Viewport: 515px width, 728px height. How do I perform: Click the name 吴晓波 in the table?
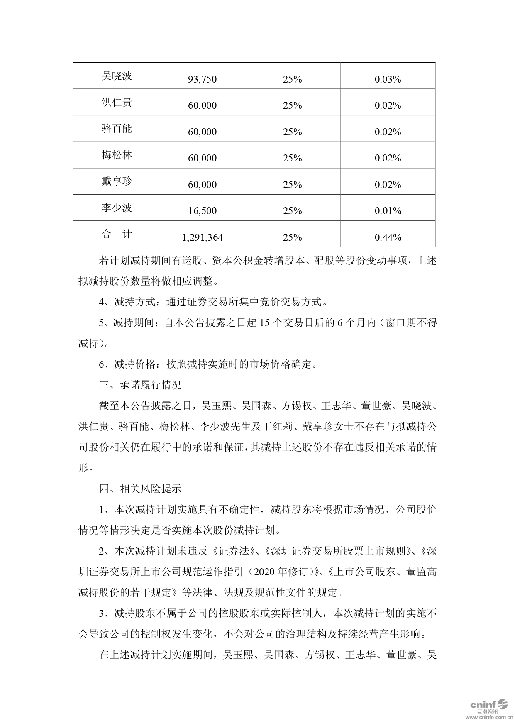click(117, 76)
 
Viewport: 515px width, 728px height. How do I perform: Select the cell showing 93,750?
click(202, 79)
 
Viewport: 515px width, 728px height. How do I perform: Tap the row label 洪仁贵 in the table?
click(117, 102)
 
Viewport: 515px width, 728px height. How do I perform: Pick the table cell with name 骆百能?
click(117, 128)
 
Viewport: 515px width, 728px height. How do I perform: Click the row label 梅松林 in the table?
click(117, 155)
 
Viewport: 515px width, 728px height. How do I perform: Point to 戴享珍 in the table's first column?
click(117, 181)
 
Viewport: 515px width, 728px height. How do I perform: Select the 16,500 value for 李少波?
click(202, 211)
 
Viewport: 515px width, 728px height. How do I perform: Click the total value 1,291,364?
click(202, 237)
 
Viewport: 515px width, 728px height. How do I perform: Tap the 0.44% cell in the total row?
click(388, 237)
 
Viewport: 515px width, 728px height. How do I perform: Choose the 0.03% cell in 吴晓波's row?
click(388, 79)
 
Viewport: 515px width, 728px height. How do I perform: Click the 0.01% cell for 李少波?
click(388, 211)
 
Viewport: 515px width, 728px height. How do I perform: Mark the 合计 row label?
click(117, 234)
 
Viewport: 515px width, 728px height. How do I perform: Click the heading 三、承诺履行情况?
click(140, 385)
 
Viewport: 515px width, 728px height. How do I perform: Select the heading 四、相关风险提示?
click(140, 489)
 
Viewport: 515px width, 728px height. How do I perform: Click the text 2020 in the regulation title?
click(264, 572)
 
